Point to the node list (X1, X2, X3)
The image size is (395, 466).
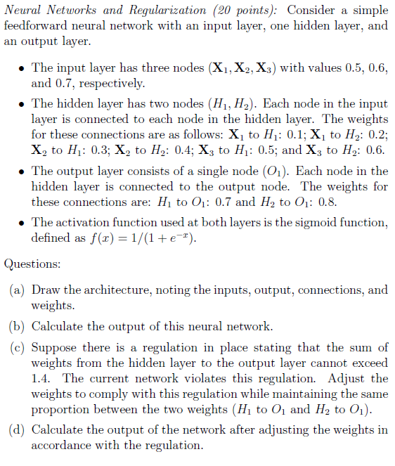tap(240, 68)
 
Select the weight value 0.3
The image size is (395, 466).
tap(101, 150)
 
